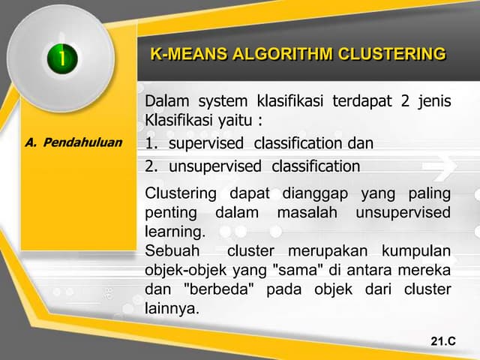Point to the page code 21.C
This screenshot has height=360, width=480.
point(443,342)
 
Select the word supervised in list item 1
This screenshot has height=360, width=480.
point(206,143)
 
